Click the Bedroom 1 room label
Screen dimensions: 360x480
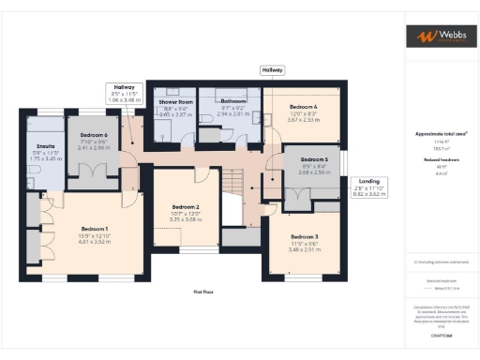coord(94,229)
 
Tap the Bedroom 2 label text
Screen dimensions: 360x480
coord(186,206)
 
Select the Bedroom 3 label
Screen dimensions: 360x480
coord(304,236)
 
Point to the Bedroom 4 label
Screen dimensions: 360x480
coord(303,108)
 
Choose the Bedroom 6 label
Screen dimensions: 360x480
coord(93,136)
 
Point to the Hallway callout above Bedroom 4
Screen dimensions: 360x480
coord(272,70)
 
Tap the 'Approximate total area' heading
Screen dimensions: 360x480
coord(435,134)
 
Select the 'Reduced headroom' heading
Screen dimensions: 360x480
coord(436,160)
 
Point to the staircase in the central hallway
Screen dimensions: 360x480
coord(232,192)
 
